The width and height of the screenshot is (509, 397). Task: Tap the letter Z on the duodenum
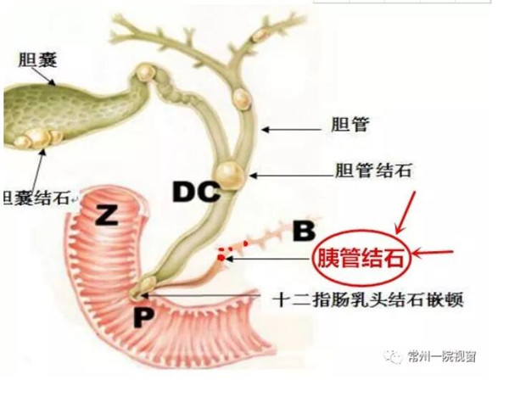[x=106, y=215]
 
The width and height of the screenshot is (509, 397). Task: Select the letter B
[x=303, y=229]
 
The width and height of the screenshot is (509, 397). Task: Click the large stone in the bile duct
[x=230, y=174]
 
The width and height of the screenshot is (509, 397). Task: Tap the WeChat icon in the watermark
[x=396, y=356]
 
